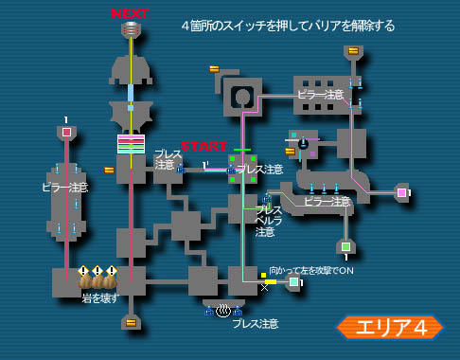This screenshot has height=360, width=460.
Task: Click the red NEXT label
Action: click(x=130, y=13)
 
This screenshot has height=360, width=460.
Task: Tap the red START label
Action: click(x=203, y=146)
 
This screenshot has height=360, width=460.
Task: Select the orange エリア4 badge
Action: click(x=389, y=327)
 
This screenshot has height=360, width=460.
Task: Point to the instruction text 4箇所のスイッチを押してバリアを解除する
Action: click(x=288, y=26)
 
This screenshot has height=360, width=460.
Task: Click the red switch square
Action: click(x=66, y=133)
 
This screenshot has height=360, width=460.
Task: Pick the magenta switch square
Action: click(x=401, y=193)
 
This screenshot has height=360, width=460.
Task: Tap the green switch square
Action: click(x=345, y=246)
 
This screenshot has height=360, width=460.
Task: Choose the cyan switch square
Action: click(x=294, y=281)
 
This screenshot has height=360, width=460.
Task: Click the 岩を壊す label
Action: click(x=99, y=298)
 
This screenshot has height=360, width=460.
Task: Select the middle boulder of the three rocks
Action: click(x=97, y=280)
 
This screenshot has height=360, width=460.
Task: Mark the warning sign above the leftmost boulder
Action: click(x=83, y=270)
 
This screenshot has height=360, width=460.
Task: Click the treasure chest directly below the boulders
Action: click(x=131, y=322)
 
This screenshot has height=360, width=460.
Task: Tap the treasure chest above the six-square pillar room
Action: click(x=353, y=50)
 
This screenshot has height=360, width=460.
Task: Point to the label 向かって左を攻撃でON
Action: click(x=311, y=270)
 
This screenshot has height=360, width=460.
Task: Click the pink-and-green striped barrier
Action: click(x=131, y=143)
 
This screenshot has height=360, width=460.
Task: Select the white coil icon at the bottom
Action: click(x=222, y=310)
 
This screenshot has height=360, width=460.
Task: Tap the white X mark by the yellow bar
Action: click(x=264, y=286)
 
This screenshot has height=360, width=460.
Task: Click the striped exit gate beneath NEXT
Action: click(x=131, y=28)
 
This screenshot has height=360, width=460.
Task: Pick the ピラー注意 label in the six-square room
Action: click(x=321, y=94)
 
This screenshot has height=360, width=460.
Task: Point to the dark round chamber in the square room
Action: click(x=243, y=97)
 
